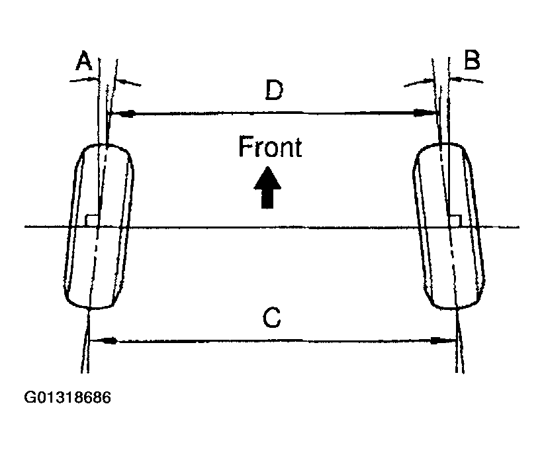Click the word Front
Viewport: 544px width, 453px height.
click(270, 147)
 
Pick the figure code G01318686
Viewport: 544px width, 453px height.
click(68, 398)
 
